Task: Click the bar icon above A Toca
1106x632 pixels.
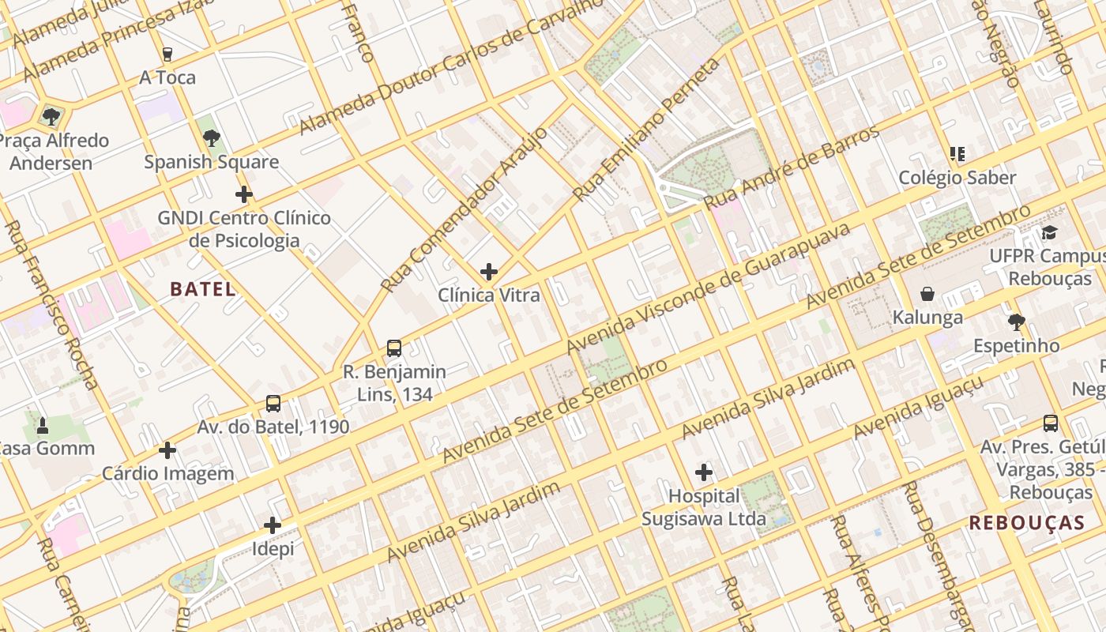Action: pos(167,55)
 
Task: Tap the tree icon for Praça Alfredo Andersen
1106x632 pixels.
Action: pos(51,118)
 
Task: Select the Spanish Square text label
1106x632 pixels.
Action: pos(211,162)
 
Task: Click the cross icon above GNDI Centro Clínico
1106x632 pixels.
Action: pos(244,194)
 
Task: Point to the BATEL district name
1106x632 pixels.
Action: pos(203,289)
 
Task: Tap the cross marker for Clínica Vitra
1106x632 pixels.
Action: pos(489,273)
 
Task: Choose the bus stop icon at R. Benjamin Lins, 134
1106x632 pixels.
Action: pos(393,348)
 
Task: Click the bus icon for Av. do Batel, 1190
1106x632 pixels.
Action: pos(273,404)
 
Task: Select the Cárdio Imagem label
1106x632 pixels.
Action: pos(168,474)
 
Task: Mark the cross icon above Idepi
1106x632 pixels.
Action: pos(273,525)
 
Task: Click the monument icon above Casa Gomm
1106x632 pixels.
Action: pos(43,426)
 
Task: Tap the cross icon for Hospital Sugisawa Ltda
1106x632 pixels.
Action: pos(704,473)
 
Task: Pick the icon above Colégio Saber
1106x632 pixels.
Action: pos(957,154)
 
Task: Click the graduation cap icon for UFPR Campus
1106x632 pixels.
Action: pos(1049,233)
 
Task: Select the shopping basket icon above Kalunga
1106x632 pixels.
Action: pos(927,295)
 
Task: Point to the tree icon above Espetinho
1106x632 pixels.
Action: pos(1017,322)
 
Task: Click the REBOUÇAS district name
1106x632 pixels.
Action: pos(1027,523)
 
